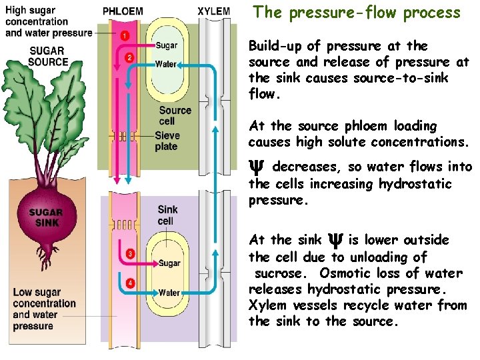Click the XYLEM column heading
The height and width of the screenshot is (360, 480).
click(214, 11)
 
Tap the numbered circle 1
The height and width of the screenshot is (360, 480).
click(125, 35)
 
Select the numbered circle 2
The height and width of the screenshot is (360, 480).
click(129, 58)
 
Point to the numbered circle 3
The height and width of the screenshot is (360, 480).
click(130, 254)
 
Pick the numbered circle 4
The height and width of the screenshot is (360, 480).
click(130, 283)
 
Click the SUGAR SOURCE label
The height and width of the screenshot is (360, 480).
click(47, 57)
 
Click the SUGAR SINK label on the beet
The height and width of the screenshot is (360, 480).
click(45, 217)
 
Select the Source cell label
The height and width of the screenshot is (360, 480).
click(175, 115)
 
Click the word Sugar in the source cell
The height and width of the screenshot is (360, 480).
click(167, 45)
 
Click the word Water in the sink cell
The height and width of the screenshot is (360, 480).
click(169, 292)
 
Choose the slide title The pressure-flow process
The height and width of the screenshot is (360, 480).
click(357, 13)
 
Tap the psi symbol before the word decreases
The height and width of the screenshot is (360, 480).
click(257, 167)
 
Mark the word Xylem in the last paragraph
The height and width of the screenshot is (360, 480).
click(266, 305)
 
